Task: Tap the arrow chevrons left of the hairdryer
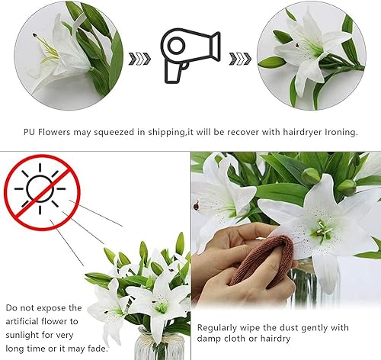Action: click(x=139, y=59)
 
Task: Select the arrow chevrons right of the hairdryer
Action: click(x=240, y=59)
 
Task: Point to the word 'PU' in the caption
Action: click(x=30, y=132)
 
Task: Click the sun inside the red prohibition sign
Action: click(x=40, y=188)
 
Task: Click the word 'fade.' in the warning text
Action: click(x=98, y=349)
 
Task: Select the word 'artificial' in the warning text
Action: click(x=22, y=321)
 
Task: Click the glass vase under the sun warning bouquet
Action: click(x=159, y=345)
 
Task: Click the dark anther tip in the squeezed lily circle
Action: click(x=34, y=35)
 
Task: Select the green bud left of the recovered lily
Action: click(x=271, y=63)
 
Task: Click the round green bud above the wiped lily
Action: click(x=311, y=176)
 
